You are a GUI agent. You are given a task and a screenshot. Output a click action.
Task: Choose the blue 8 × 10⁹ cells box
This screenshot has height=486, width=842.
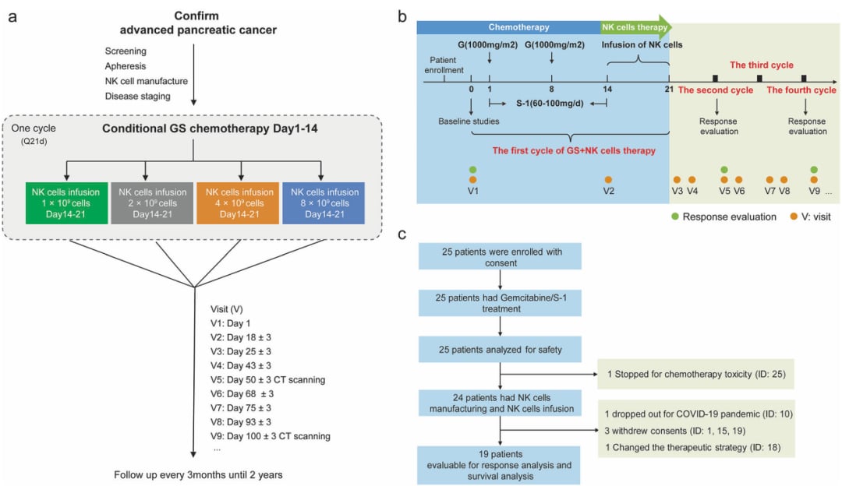tap(322, 202)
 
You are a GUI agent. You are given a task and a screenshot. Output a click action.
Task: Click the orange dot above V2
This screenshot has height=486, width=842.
tap(607, 180)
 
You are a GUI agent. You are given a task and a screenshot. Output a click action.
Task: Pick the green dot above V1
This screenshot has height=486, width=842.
tap(472, 169)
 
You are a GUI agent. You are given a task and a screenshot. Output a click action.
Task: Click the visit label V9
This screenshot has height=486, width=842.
tap(812, 191)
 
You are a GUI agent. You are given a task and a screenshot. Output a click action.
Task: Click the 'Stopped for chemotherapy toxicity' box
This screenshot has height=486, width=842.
tap(695, 375)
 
